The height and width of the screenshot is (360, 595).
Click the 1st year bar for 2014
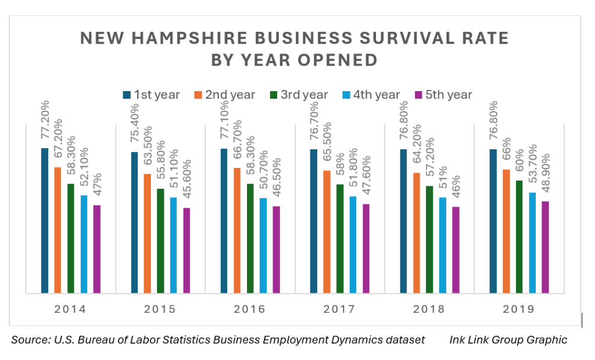(45, 221)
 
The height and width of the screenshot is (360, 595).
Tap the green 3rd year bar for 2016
(250, 238)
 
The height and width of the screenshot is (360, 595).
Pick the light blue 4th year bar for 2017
(353, 244)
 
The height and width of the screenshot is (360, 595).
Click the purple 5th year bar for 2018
(456, 250)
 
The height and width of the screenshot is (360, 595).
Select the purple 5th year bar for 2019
(545, 247)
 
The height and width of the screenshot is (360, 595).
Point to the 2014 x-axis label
(70, 309)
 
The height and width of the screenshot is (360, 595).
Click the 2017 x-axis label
(339, 309)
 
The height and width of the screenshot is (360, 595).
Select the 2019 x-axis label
(519, 309)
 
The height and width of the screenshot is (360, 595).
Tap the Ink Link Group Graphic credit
(508, 340)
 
